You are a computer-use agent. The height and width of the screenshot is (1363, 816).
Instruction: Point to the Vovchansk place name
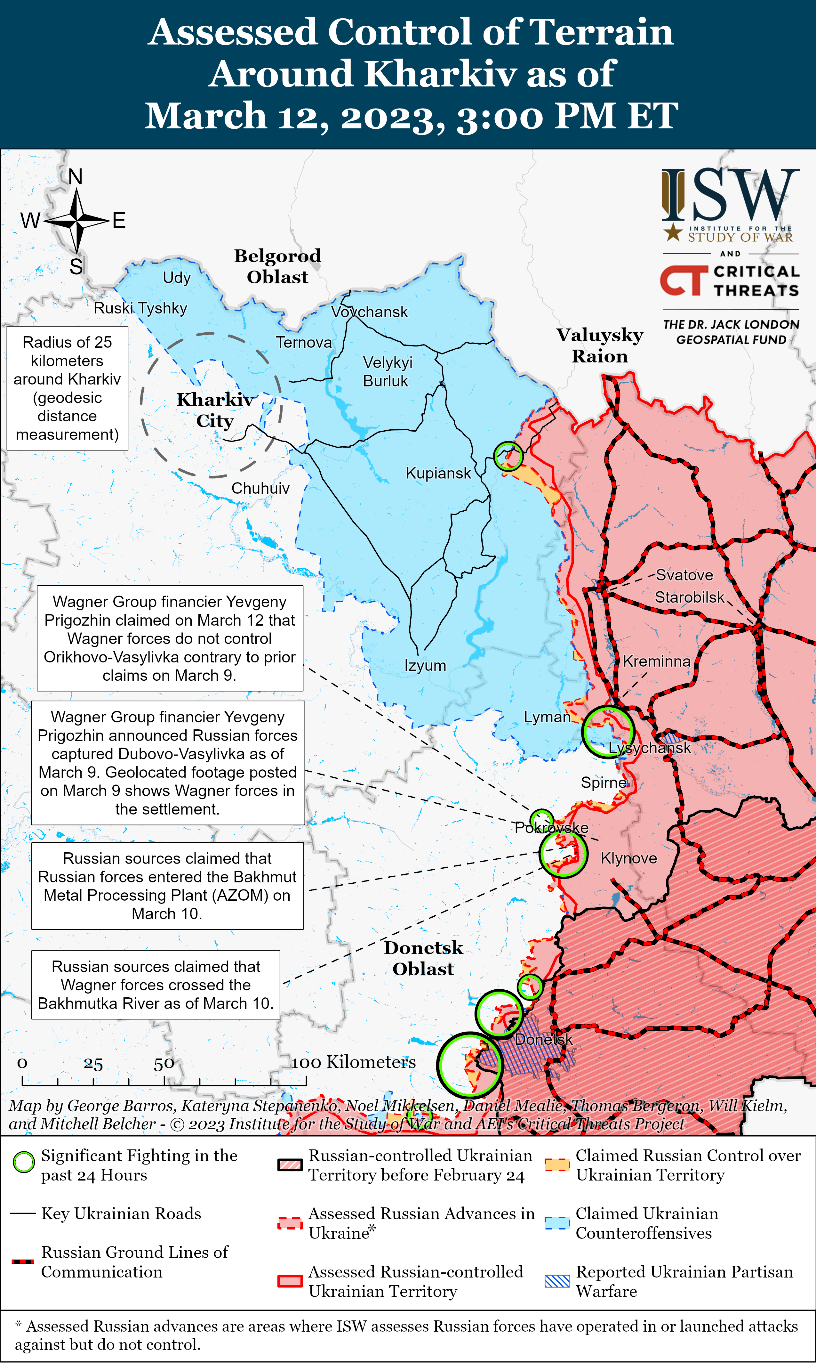[370, 312]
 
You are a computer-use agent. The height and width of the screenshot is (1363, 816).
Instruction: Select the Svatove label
[684, 575]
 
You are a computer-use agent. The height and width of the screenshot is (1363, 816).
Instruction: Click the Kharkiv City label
[215, 410]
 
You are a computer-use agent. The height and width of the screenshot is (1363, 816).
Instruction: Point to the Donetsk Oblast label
[423, 958]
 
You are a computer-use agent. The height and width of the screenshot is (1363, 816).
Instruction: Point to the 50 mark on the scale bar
[164, 1064]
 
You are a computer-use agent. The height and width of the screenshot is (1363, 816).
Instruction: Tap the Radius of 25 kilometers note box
[67, 388]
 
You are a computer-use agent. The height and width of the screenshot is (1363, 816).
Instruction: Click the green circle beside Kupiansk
[508, 456]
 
